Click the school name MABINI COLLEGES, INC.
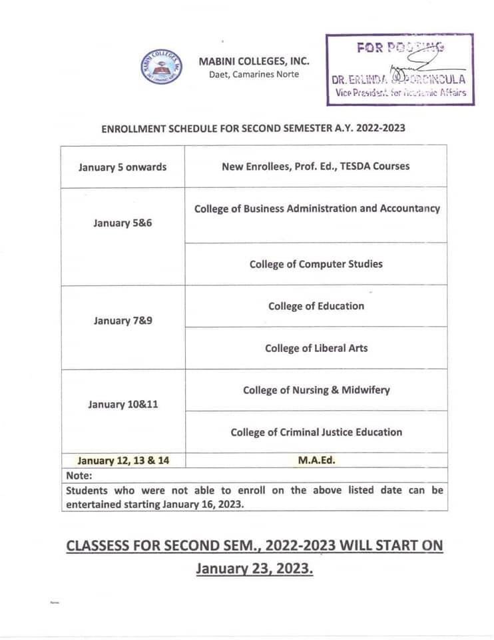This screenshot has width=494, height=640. click(254, 61)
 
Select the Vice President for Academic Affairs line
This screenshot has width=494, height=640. click(400, 92)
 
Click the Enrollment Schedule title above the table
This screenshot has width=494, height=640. click(253, 128)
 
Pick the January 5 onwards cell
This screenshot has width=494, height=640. click(123, 167)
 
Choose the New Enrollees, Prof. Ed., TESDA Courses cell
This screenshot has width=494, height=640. click(316, 167)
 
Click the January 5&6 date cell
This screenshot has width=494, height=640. click(123, 223)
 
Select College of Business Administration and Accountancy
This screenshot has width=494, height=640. click(317, 209)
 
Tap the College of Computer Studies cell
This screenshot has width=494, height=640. click(316, 264)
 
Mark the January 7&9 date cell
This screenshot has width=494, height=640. click(123, 321)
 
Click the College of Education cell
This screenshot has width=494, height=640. click(316, 306)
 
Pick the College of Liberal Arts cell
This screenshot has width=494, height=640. click(316, 348)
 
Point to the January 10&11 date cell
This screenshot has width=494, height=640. click(123, 405)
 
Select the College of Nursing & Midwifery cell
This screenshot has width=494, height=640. click(316, 390)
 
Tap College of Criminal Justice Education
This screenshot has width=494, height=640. click(316, 432)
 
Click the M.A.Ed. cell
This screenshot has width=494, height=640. click(316, 460)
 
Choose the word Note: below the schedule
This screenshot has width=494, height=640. click(79, 475)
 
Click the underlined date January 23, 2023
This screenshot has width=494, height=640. click(254, 569)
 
